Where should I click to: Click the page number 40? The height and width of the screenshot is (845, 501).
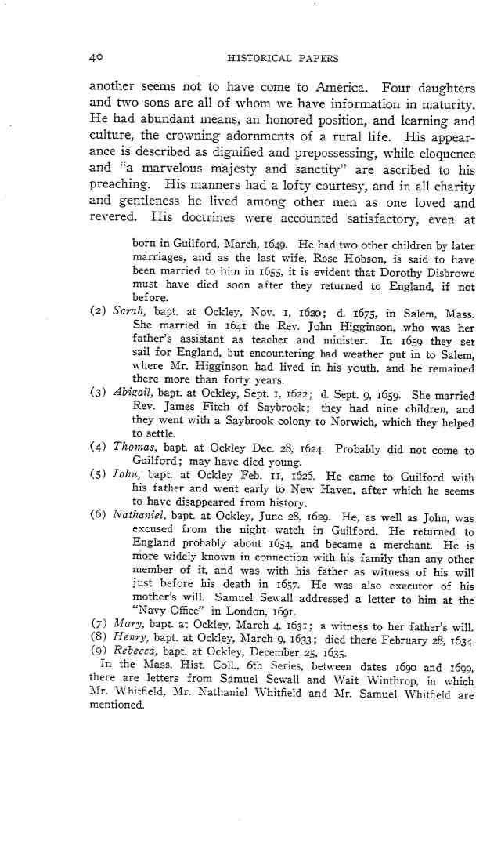click(96, 57)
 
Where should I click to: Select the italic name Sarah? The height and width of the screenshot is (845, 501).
click(126, 311)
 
